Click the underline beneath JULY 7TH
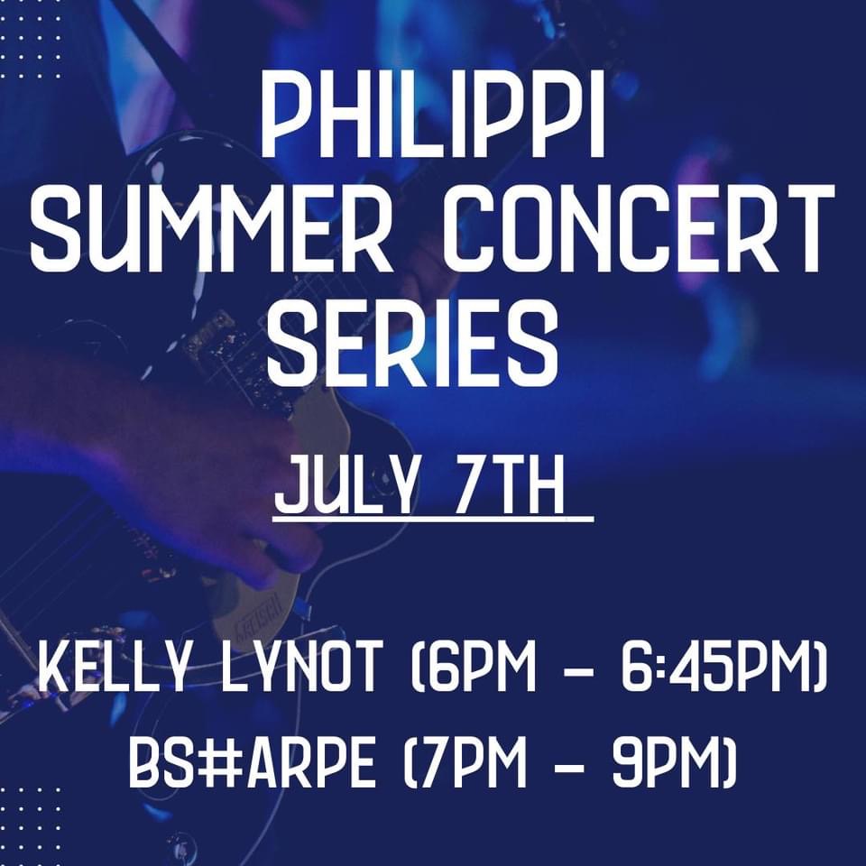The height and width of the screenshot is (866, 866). point(433,518)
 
